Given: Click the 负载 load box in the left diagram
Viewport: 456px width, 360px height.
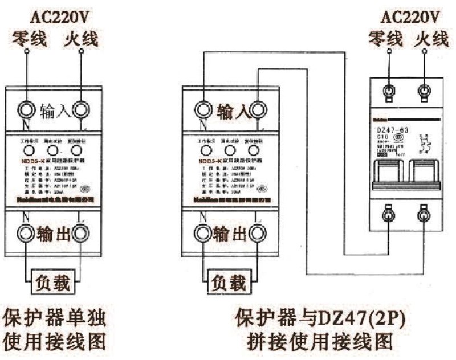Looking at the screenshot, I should pyautogui.click(x=53, y=281).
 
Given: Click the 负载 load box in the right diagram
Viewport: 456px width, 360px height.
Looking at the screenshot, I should pyautogui.click(x=228, y=281).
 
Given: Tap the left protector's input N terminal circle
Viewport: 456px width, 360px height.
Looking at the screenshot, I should pyautogui.click(x=26, y=108).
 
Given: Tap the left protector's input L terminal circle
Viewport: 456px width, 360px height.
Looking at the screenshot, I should pyautogui.click(x=81, y=108).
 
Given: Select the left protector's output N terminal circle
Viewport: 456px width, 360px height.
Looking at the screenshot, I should pyautogui.click(x=26, y=233).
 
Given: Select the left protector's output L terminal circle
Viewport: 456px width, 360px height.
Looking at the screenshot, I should pyautogui.click(x=81, y=233).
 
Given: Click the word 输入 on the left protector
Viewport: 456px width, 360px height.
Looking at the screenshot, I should pyautogui.click(x=54, y=109).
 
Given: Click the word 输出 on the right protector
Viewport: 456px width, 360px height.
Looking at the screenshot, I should pyautogui.click(x=228, y=233).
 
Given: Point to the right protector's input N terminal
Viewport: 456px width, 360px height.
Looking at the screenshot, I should pyautogui.click(x=201, y=108).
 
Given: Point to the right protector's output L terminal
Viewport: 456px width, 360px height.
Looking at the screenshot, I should pyautogui.click(x=256, y=233).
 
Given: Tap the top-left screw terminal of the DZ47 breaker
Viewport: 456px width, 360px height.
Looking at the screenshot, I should pyautogui.click(x=389, y=89).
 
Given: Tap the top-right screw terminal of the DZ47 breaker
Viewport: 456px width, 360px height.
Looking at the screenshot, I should pyautogui.click(x=424, y=89).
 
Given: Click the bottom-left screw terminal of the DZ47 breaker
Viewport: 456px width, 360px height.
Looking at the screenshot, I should pyautogui.click(x=389, y=214).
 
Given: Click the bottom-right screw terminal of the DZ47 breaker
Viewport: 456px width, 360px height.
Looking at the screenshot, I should pyautogui.click(x=424, y=214).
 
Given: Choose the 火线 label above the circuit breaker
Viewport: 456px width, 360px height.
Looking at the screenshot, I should pyautogui.click(x=431, y=39).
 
